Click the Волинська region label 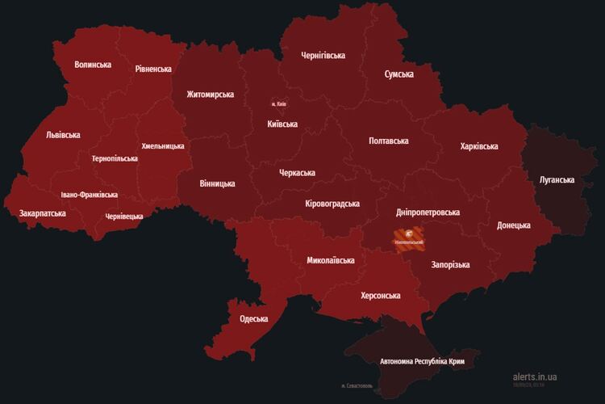click(93, 65)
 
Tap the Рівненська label click(153, 69)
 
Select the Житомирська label click(210, 95)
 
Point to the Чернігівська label click(323, 56)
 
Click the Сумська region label click(398, 74)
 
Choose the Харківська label click(478, 146)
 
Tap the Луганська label click(557, 179)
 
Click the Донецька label click(514, 225)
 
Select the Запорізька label click(450, 265)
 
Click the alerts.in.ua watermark click(534, 377)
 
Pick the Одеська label click(253, 319)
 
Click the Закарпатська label click(43, 213)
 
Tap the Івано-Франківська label click(89, 195)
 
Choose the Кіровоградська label click(332, 204)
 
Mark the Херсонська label click(381, 296)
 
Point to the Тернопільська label click(115, 158)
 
